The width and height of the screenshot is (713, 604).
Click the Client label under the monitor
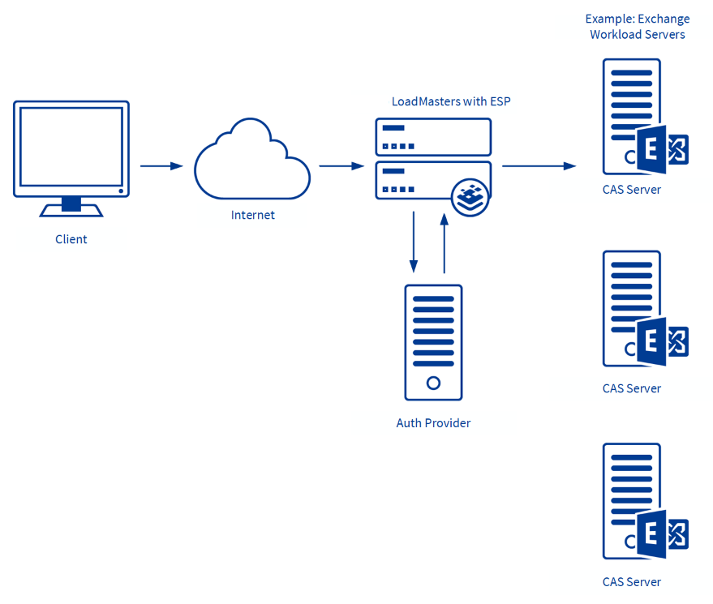(x=71, y=239)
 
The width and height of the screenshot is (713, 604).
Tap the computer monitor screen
(x=71, y=148)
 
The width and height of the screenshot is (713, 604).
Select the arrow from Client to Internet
(x=161, y=166)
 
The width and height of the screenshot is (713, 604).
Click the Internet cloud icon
(x=251, y=161)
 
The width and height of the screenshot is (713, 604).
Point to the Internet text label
(x=253, y=215)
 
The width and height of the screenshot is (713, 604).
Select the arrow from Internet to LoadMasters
(x=341, y=166)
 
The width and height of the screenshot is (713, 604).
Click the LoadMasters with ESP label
(x=451, y=101)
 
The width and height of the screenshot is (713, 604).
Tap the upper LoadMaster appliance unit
(x=433, y=137)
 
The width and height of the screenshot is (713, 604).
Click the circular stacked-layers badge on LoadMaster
(x=470, y=197)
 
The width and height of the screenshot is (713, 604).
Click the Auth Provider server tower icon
(x=433, y=342)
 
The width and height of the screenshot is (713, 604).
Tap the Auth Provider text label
(x=433, y=423)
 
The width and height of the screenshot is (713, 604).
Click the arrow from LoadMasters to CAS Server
(x=539, y=166)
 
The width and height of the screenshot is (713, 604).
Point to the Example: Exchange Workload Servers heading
(x=638, y=27)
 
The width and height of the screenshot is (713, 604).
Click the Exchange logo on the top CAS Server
(x=662, y=149)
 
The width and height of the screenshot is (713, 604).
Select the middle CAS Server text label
(x=632, y=388)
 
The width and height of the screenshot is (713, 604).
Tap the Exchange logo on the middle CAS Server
(x=662, y=341)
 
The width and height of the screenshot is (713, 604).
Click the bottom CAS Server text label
(x=632, y=581)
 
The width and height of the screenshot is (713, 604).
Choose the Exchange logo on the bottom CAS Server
(x=662, y=534)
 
